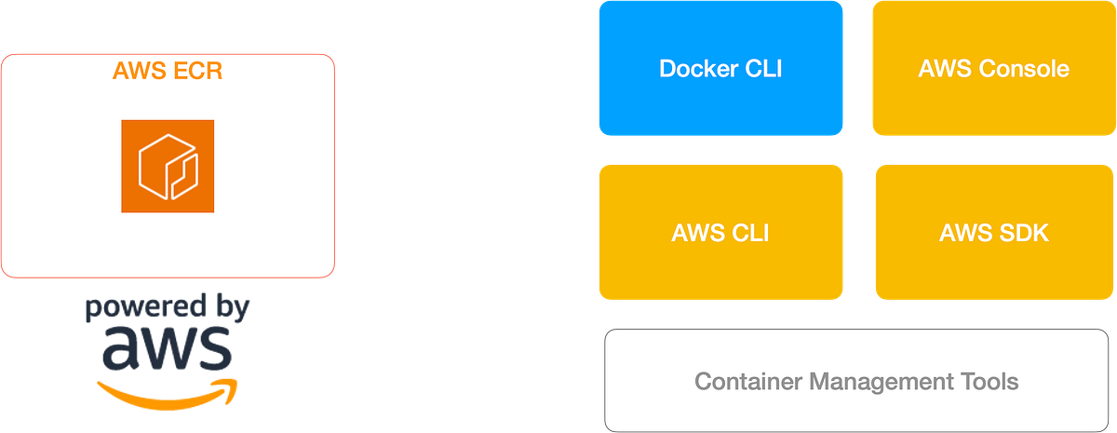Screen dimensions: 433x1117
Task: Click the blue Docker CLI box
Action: coord(720,69)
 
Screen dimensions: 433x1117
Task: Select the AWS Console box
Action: coord(993,69)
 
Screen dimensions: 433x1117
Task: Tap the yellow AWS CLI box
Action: coord(720,232)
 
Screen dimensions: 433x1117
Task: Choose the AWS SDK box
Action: coord(993,232)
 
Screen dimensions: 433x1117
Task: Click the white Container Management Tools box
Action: coord(856,380)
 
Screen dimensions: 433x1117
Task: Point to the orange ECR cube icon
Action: coord(168,166)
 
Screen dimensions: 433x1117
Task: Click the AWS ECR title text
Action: coord(168,71)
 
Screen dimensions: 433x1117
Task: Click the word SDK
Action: coord(1027,232)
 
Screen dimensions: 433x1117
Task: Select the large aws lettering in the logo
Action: coord(166,349)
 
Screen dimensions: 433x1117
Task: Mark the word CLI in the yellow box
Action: coord(747,232)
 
